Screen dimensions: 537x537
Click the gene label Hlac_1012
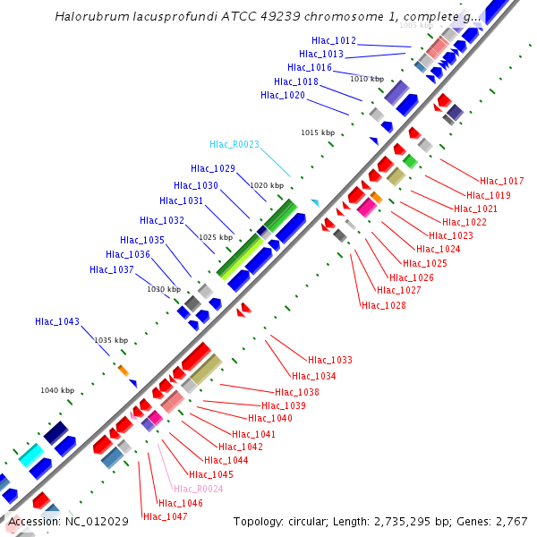(334, 41)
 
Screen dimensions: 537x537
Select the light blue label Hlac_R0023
(234, 144)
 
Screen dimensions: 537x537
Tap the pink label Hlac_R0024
(199, 489)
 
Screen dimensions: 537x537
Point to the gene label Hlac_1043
(57, 321)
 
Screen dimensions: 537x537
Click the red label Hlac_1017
(502, 182)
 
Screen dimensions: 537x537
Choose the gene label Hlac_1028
(383, 305)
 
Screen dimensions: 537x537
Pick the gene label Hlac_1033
(330, 360)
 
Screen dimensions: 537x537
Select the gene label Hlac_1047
(166, 516)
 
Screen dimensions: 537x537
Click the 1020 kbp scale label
(267, 185)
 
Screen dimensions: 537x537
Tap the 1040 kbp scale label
(57, 390)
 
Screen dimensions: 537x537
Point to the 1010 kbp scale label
(366, 79)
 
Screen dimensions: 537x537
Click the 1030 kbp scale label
(164, 289)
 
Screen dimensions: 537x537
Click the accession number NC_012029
(97, 521)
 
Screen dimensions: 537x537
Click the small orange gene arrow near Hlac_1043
(124, 370)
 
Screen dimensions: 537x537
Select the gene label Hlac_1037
(112, 269)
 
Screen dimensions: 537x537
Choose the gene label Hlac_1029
(213, 168)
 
